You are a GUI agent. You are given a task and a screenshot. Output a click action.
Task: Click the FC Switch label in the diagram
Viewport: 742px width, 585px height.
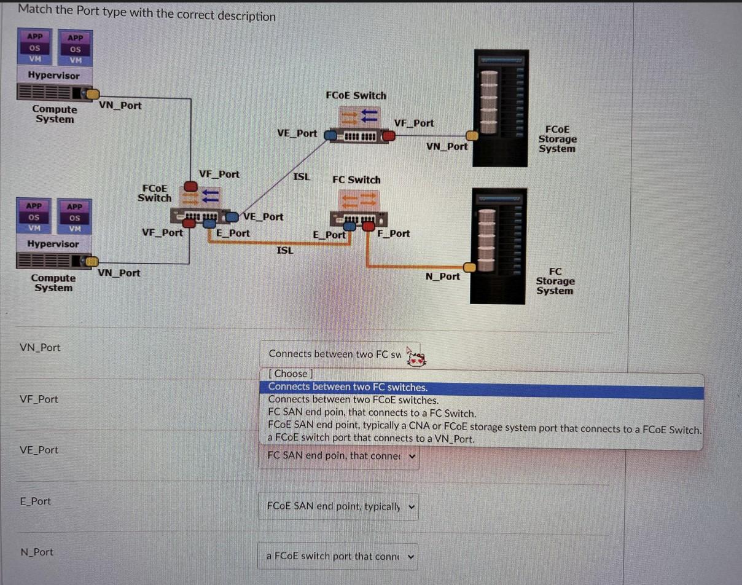click(x=356, y=180)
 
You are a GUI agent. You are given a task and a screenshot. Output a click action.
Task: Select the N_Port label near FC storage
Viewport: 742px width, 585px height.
click(x=442, y=277)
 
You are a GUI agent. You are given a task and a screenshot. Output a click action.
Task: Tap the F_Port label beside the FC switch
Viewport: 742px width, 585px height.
click(x=394, y=234)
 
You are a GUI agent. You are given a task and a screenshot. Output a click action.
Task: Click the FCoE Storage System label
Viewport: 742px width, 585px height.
click(x=557, y=139)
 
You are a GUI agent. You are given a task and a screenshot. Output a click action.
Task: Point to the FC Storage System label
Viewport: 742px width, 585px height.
click(x=555, y=281)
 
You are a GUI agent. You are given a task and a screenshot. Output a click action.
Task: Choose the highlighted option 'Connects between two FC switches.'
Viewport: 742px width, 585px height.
click(x=348, y=387)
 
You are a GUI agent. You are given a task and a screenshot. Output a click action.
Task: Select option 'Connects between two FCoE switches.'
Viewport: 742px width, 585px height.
click(x=353, y=400)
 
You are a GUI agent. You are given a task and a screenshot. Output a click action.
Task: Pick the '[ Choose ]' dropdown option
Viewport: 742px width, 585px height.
click(x=291, y=374)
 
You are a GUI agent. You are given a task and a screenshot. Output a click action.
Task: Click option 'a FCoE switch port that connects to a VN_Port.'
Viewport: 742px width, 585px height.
click(x=371, y=438)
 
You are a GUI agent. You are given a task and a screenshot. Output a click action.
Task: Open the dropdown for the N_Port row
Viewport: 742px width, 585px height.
click(x=338, y=557)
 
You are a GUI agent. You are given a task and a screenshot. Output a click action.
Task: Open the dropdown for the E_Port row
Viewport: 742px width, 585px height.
click(x=338, y=506)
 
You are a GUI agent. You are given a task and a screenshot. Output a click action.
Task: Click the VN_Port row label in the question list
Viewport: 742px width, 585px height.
click(x=40, y=348)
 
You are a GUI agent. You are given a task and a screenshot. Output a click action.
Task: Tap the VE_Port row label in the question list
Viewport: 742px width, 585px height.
click(x=39, y=450)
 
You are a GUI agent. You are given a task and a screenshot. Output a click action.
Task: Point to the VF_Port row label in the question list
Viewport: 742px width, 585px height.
click(x=39, y=399)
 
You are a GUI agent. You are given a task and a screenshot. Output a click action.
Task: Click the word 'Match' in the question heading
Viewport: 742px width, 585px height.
click(x=34, y=10)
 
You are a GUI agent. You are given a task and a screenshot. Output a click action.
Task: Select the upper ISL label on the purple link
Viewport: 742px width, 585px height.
click(x=301, y=177)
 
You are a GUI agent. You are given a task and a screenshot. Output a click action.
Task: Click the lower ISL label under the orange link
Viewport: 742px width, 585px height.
click(x=285, y=251)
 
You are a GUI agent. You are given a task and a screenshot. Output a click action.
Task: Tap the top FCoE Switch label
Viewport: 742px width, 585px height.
click(x=356, y=96)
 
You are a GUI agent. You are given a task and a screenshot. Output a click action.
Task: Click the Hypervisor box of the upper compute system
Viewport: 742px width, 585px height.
click(x=53, y=76)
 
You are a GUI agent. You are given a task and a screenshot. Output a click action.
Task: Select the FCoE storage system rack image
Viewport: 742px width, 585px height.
click(x=501, y=108)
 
